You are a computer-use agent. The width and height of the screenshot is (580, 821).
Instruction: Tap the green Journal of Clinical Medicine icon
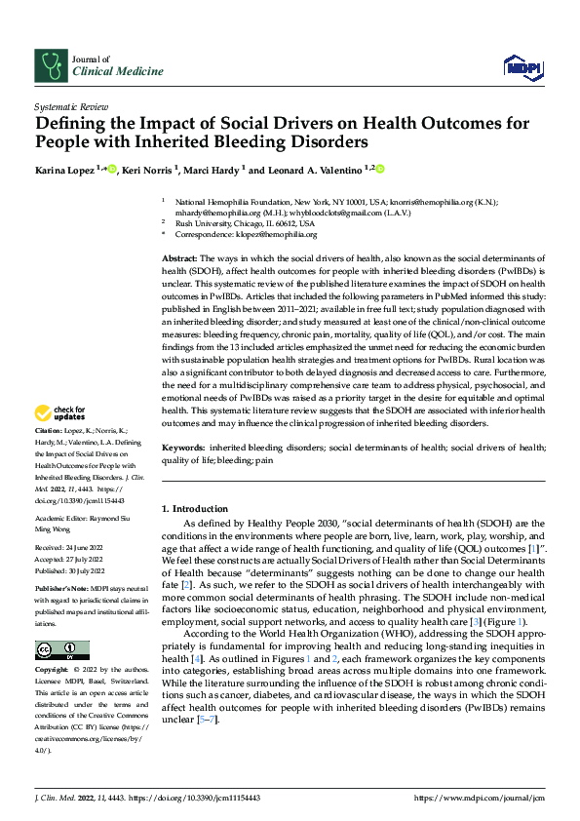click(49, 65)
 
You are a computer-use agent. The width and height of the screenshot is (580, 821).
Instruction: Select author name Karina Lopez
click(69, 170)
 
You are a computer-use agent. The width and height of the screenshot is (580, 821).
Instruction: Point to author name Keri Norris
click(147, 170)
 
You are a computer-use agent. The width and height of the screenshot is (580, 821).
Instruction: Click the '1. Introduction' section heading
click(193, 509)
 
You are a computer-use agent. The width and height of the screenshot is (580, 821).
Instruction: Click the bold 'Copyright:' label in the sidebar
click(54, 671)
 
